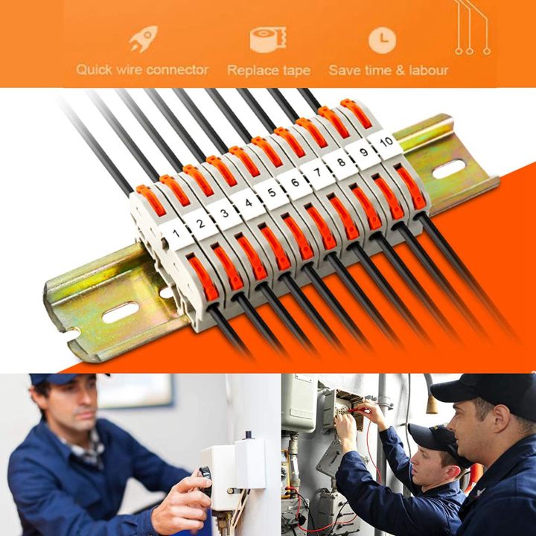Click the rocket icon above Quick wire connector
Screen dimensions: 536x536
142,39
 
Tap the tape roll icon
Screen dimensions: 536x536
267,39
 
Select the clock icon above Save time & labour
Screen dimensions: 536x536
382,39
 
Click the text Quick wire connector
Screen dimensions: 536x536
142,70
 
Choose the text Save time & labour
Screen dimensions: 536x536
389,71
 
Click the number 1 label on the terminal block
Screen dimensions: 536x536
176,234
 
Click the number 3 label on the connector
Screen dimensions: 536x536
224,213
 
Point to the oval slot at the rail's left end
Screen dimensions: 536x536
119,312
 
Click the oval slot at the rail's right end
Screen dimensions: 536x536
448,169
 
